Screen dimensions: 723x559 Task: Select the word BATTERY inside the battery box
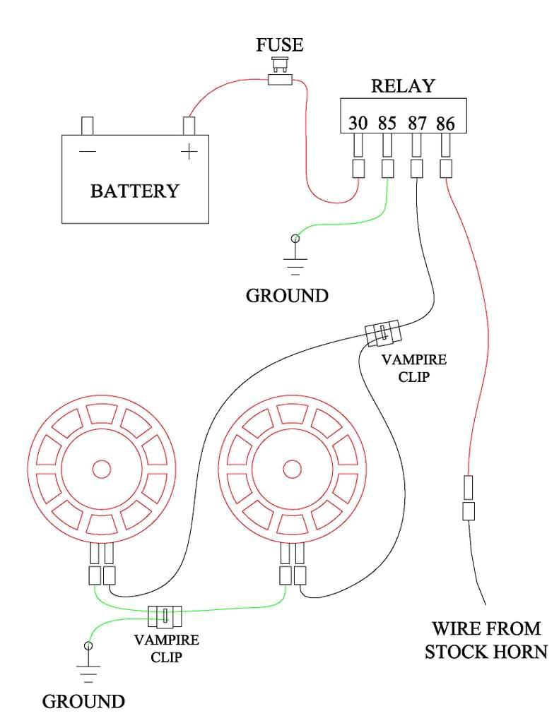pyautogui.click(x=134, y=191)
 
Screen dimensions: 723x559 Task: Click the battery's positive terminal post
pyautogui.click(x=189, y=126)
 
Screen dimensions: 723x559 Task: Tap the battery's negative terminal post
pyautogui.click(x=88, y=126)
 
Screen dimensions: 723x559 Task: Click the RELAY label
pyautogui.click(x=403, y=86)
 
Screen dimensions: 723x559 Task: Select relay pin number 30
pyautogui.click(x=358, y=124)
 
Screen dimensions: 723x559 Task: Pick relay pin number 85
pyautogui.click(x=387, y=124)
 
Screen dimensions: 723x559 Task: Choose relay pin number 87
pyautogui.click(x=417, y=124)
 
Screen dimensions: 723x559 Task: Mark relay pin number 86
pyautogui.click(x=445, y=124)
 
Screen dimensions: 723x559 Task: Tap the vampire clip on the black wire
pyautogui.click(x=382, y=333)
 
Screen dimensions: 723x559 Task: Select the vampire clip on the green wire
pyautogui.click(x=165, y=616)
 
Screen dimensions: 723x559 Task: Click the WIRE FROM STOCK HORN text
pyautogui.click(x=487, y=639)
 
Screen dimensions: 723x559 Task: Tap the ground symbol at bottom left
pyautogui.click(x=88, y=664)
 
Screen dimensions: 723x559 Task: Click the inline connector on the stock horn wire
pyautogui.click(x=468, y=498)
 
